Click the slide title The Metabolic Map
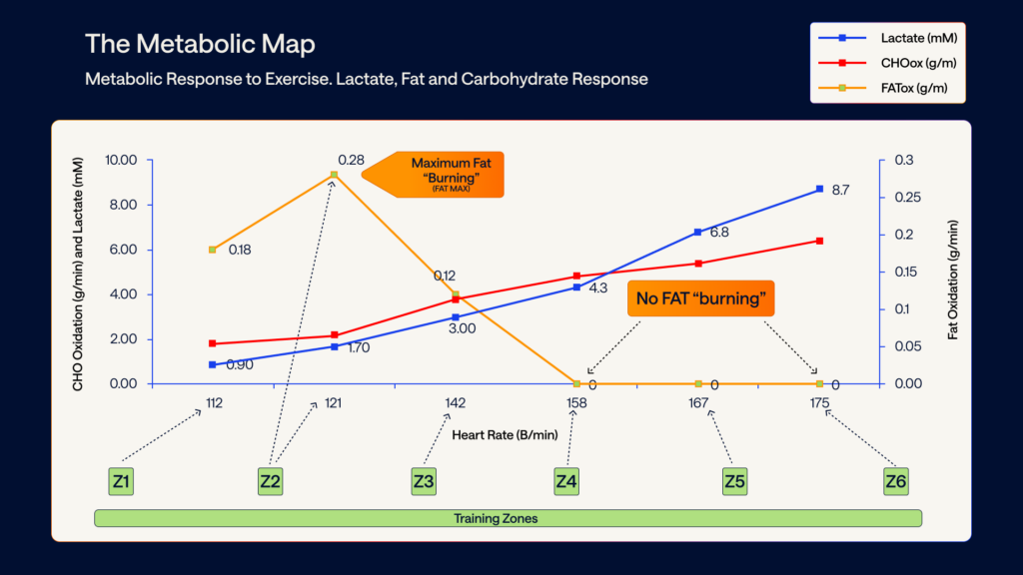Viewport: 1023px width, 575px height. (200, 44)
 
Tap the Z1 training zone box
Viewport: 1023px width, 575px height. (121, 482)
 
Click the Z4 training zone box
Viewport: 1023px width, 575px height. (566, 482)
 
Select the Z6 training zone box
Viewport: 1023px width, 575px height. (895, 482)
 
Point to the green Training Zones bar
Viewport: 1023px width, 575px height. (508, 518)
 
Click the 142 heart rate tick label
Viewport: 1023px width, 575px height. (456, 403)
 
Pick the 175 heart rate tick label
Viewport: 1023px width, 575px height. (819, 403)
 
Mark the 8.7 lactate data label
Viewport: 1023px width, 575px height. (840, 190)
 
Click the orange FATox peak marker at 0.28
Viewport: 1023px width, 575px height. (334, 175)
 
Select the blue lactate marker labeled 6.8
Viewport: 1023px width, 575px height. (698, 232)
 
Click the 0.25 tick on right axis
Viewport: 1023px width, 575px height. (903, 198)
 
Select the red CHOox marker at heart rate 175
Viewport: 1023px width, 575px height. (819, 241)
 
